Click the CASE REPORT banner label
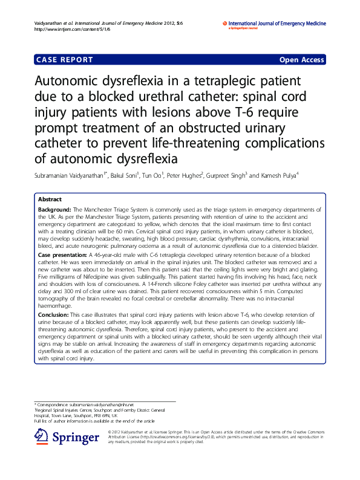pos(65,60)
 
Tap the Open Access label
pos(302,60)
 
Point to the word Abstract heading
pos(50,199)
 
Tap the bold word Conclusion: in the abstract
pos(53,314)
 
